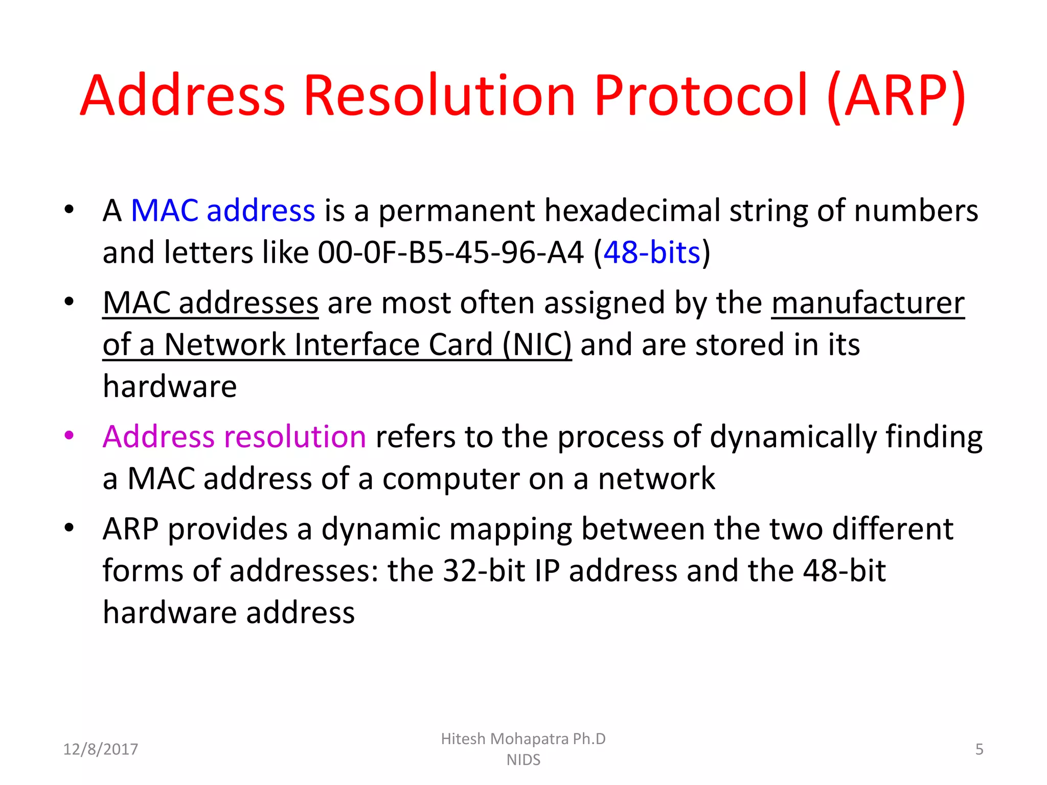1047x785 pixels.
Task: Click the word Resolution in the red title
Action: pos(440,96)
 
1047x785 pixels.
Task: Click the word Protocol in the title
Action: pos(701,96)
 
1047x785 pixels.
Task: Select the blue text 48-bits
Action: pos(651,252)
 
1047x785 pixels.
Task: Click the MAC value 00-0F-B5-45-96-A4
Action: pos(450,252)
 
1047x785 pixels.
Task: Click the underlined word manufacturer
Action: pos(868,303)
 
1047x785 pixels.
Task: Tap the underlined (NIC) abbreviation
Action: pos(537,344)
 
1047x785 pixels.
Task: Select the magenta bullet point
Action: pos(70,435)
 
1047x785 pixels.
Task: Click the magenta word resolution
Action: pos(295,437)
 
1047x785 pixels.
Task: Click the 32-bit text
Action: pos(484,571)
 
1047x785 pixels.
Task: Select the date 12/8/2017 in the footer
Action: pos(101,749)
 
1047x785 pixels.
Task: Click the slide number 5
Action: pos(979,749)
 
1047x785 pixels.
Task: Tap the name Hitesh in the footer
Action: pos(463,739)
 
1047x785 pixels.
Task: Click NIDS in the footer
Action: pos(523,760)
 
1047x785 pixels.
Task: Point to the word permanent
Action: pos(457,211)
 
